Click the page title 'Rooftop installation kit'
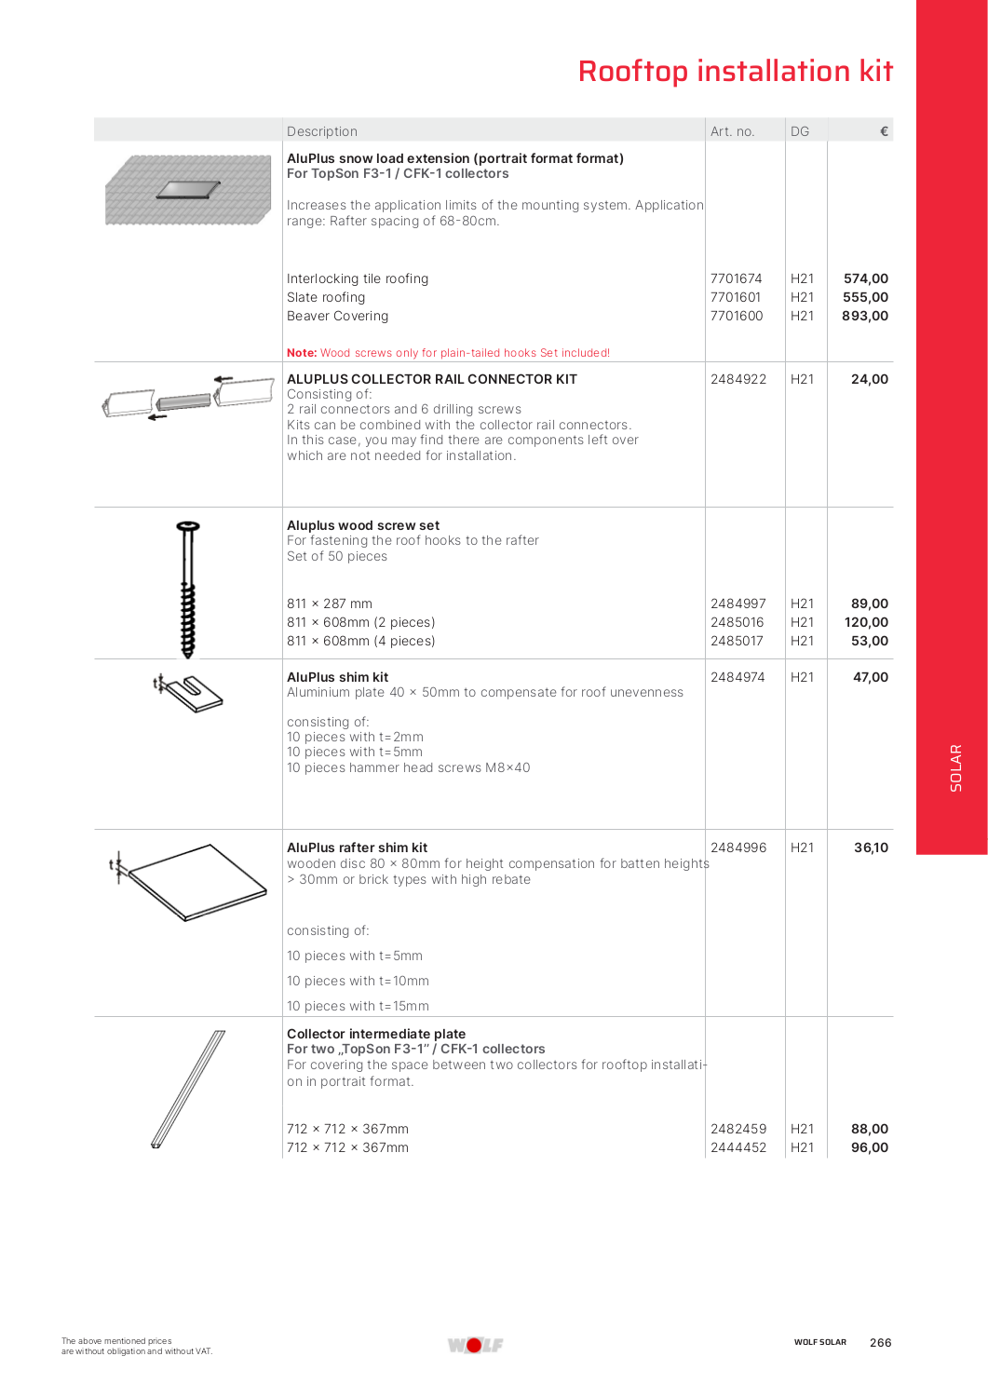click(735, 72)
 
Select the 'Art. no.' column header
click(732, 131)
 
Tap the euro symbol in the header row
click(884, 131)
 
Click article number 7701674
click(736, 278)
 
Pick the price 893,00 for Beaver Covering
click(864, 316)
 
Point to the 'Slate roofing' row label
click(326, 297)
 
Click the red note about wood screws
click(448, 353)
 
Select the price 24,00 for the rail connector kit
click(869, 379)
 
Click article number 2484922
click(738, 379)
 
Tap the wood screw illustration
click(188, 589)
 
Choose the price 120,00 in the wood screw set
click(865, 622)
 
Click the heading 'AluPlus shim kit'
click(337, 677)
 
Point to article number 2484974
click(738, 677)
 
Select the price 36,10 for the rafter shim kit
click(871, 848)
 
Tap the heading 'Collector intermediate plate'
click(376, 1034)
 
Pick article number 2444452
click(738, 1147)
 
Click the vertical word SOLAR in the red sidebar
click(955, 767)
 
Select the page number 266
click(880, 1342)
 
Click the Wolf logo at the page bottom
click(475, 1345)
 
